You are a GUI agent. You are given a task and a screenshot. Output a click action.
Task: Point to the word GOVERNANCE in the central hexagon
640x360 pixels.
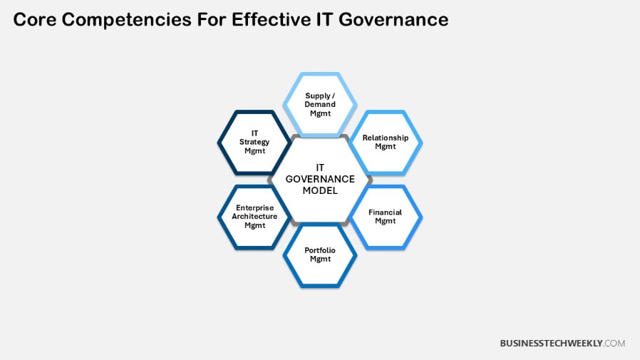click(320, 179)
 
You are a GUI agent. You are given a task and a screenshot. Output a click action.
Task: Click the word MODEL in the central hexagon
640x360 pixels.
click(320, 191)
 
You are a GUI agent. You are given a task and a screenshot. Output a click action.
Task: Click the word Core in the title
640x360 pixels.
click(35, 20)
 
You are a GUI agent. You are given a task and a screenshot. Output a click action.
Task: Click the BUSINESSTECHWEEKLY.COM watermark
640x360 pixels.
click(562, 343)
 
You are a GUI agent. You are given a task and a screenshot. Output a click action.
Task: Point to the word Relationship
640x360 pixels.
click(386, 138)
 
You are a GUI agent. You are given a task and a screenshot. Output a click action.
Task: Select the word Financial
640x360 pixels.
click(385, 212)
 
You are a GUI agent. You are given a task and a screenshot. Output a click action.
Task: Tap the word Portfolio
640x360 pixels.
click(320, 250)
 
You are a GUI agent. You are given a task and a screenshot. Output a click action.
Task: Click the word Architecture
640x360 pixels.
click(254, 217)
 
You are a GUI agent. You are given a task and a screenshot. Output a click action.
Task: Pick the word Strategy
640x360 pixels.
click(254, 142)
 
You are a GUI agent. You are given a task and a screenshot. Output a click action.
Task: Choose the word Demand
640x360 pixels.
click(320, 104)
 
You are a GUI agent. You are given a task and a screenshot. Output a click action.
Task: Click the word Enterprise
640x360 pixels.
click(254, 208)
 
